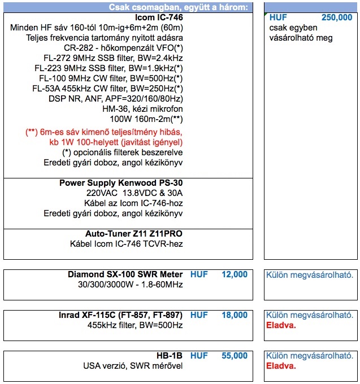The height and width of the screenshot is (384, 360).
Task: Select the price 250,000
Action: [x=337, y=18]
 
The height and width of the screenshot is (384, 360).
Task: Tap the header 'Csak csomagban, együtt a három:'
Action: [x=178, y=7]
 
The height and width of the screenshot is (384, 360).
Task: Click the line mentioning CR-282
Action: [x=127, y=48]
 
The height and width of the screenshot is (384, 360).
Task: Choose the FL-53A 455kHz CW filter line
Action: [x=107, y=89]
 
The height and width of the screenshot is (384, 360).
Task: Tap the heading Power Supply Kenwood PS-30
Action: [x=121, y=183]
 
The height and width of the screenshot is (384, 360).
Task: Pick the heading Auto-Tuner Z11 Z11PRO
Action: [x=134, y=234]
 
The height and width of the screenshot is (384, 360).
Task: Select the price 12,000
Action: [x=234, y=274]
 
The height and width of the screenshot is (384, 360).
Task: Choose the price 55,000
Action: [x=234, y=356]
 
